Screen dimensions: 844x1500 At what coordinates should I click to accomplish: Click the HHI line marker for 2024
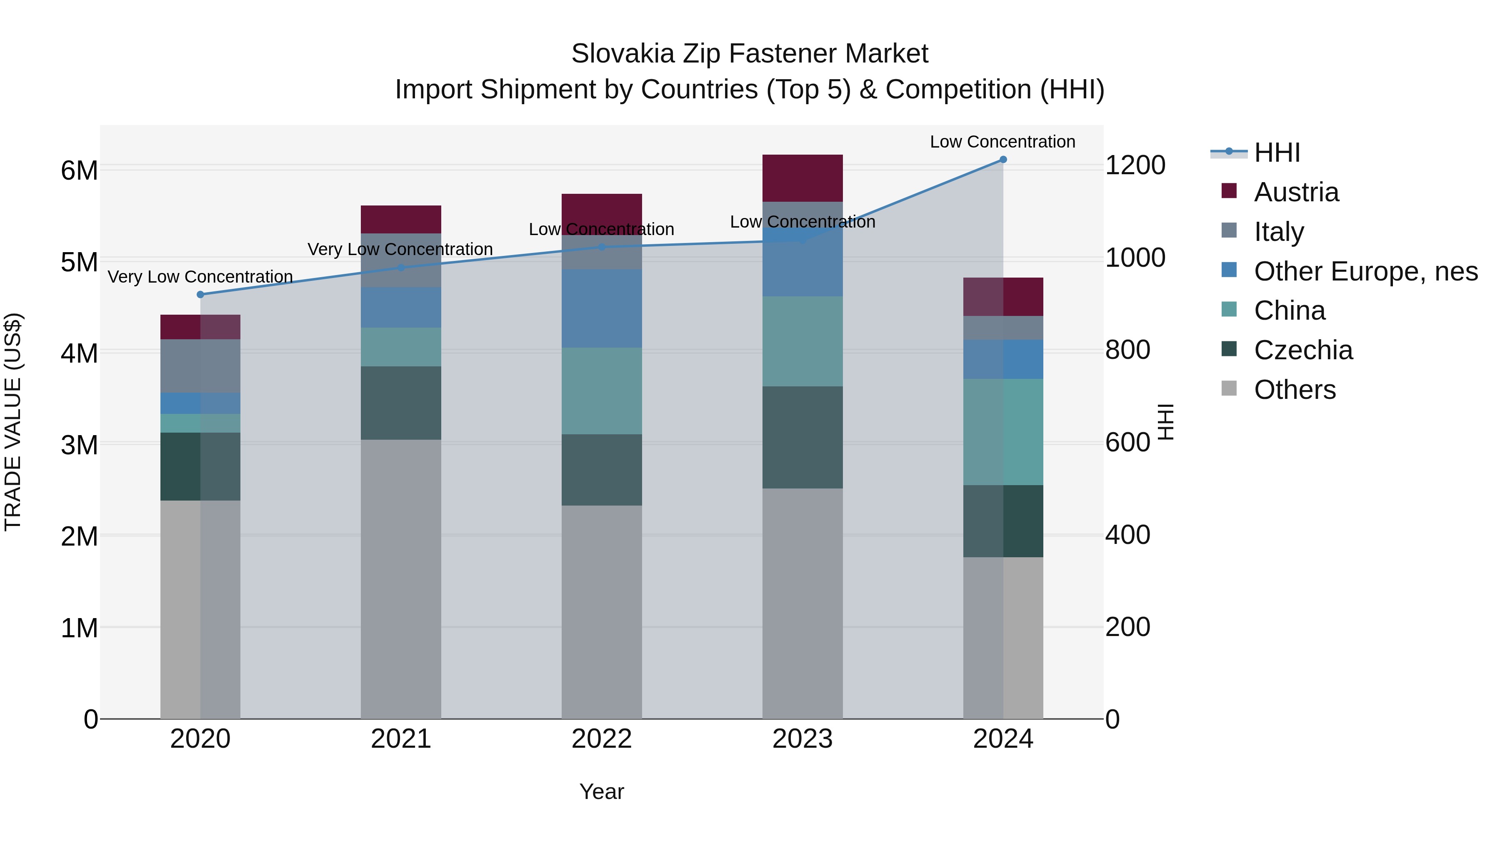tap(1003, 160)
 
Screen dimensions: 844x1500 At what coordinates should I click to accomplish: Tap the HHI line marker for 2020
tap(200, 295)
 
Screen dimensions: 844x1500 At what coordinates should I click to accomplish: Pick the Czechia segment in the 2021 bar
tap(400, 403)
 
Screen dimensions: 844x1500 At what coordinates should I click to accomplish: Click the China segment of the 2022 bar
tap(602, 391)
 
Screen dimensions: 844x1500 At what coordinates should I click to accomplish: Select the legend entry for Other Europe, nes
tap(1365, 271)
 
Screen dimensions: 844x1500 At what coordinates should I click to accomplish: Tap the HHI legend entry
tap(1276, 153)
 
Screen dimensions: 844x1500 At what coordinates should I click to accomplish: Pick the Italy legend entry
tap(1279, 232)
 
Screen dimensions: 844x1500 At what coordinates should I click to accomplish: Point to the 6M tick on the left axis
tap(79, 170)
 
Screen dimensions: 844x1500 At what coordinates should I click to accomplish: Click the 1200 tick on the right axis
tap(1135, 165)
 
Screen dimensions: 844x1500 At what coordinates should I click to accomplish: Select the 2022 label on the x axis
tap(602, 739)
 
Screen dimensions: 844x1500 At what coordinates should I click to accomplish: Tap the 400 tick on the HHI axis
tap(1127, 535)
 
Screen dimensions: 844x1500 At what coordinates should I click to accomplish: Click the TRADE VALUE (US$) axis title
tap(13, 422)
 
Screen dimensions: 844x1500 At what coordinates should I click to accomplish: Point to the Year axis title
tap(602, 791)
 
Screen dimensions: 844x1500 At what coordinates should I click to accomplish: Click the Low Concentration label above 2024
tap(1002, 142)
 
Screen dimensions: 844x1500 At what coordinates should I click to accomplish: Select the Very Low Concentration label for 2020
tap(200, 277)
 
